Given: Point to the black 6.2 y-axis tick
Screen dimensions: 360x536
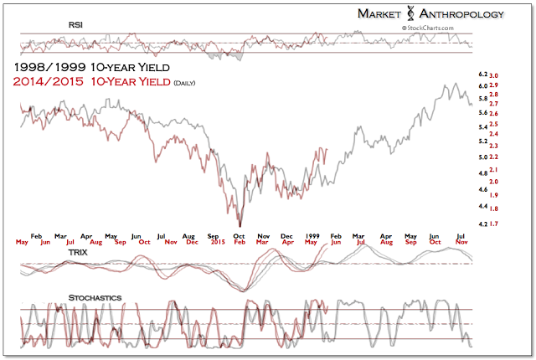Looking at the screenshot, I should (482, 75).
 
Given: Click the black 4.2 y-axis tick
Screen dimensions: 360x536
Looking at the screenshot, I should (482, 224).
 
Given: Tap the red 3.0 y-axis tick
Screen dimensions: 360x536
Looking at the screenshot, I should (495, 75).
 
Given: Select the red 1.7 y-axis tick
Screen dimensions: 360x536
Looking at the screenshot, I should (495, 224).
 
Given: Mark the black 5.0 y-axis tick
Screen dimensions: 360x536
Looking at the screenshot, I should (482, 157).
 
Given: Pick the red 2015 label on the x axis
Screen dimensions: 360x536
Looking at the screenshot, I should (217, 242).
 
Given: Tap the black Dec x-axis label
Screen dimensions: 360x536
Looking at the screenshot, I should (287, 237).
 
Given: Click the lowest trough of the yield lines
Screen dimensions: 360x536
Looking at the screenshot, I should (240, 225).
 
